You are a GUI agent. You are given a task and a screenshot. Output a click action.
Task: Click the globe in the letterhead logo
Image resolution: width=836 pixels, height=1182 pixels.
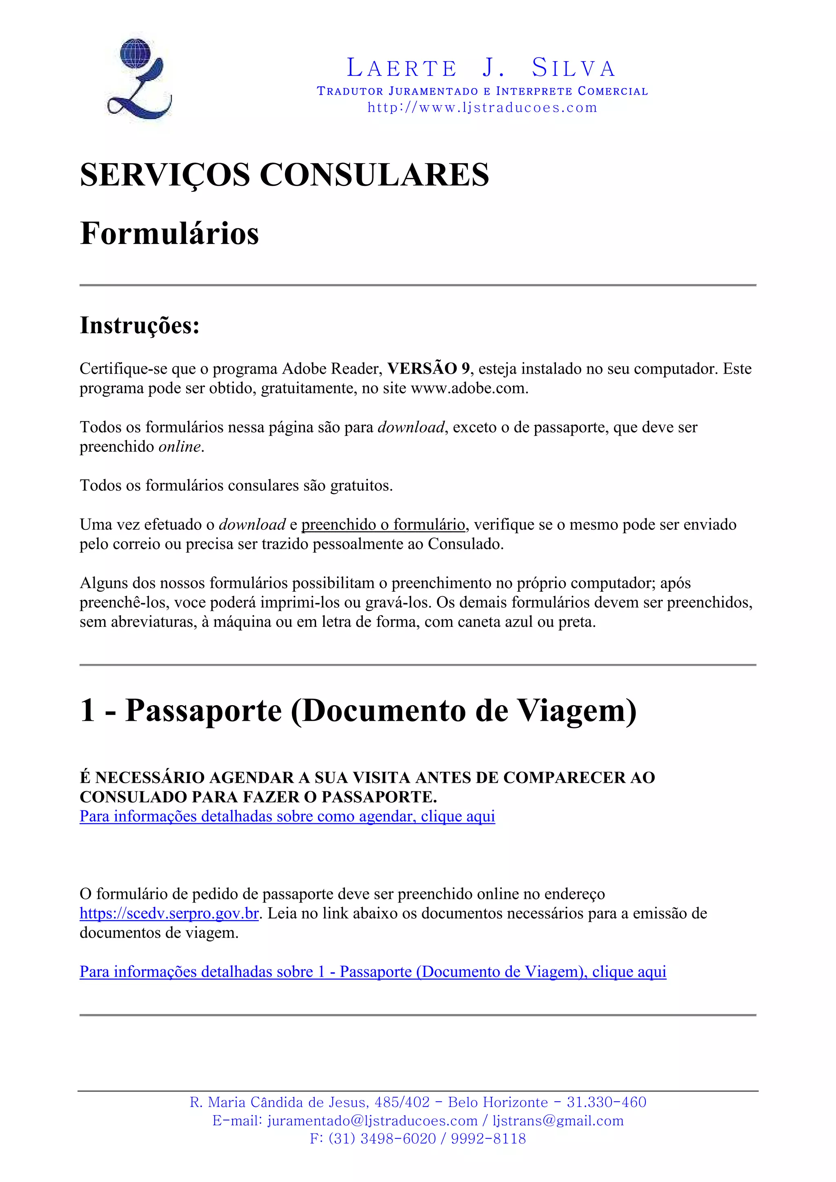pos(135,53)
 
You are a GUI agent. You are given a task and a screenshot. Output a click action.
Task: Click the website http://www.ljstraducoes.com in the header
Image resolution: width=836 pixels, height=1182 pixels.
pos(482,108)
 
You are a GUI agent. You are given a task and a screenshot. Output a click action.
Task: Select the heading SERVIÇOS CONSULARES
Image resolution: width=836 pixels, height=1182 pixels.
pos(285,175)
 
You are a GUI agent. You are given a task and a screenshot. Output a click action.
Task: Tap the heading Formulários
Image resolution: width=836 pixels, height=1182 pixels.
pos(169,233)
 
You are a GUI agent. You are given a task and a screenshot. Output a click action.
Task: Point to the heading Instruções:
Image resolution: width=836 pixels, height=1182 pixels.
pos(140,325)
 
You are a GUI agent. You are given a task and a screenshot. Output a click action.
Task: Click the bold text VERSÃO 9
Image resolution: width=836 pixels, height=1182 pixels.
pos(429,369)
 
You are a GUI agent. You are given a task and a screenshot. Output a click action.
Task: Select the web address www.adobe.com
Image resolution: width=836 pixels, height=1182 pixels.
pos(468,388)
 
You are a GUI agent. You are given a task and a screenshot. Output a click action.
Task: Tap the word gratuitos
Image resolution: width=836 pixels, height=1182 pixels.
pos(360,485)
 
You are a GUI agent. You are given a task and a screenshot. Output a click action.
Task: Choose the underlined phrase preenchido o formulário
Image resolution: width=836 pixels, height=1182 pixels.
pos(383,525)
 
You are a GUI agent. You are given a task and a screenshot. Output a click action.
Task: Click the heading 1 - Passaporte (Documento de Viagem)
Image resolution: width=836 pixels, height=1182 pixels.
pos(358,711)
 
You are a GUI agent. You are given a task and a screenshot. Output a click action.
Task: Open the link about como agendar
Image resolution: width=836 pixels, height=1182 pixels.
pos(287,817)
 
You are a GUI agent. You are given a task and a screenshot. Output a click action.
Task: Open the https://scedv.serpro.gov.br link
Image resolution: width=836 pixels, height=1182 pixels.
pos(169,913)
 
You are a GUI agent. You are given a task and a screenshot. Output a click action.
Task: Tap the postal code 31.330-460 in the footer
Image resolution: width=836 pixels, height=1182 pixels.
pos(606,1102)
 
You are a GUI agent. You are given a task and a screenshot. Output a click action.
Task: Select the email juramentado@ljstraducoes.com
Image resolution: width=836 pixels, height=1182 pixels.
pos(372,1121)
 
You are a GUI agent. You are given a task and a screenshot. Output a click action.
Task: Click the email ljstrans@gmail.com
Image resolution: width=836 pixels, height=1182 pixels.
pos(558,1121)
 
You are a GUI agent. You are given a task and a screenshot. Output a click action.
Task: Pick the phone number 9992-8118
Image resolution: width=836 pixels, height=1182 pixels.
pos(488,1139)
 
